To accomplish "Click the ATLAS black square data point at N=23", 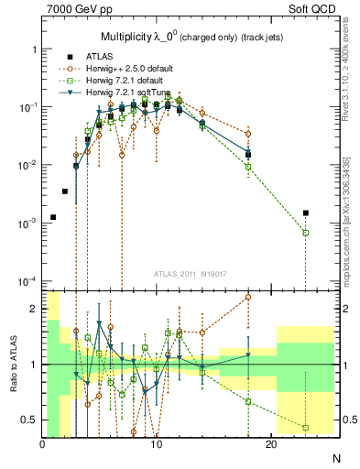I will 306,213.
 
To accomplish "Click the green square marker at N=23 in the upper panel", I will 306,233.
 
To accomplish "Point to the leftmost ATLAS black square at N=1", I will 53,217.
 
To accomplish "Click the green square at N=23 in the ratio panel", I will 306,428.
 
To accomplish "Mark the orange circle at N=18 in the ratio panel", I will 248,298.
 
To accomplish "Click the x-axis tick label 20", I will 270,444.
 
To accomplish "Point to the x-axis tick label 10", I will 157,444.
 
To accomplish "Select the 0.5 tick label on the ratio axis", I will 29,420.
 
